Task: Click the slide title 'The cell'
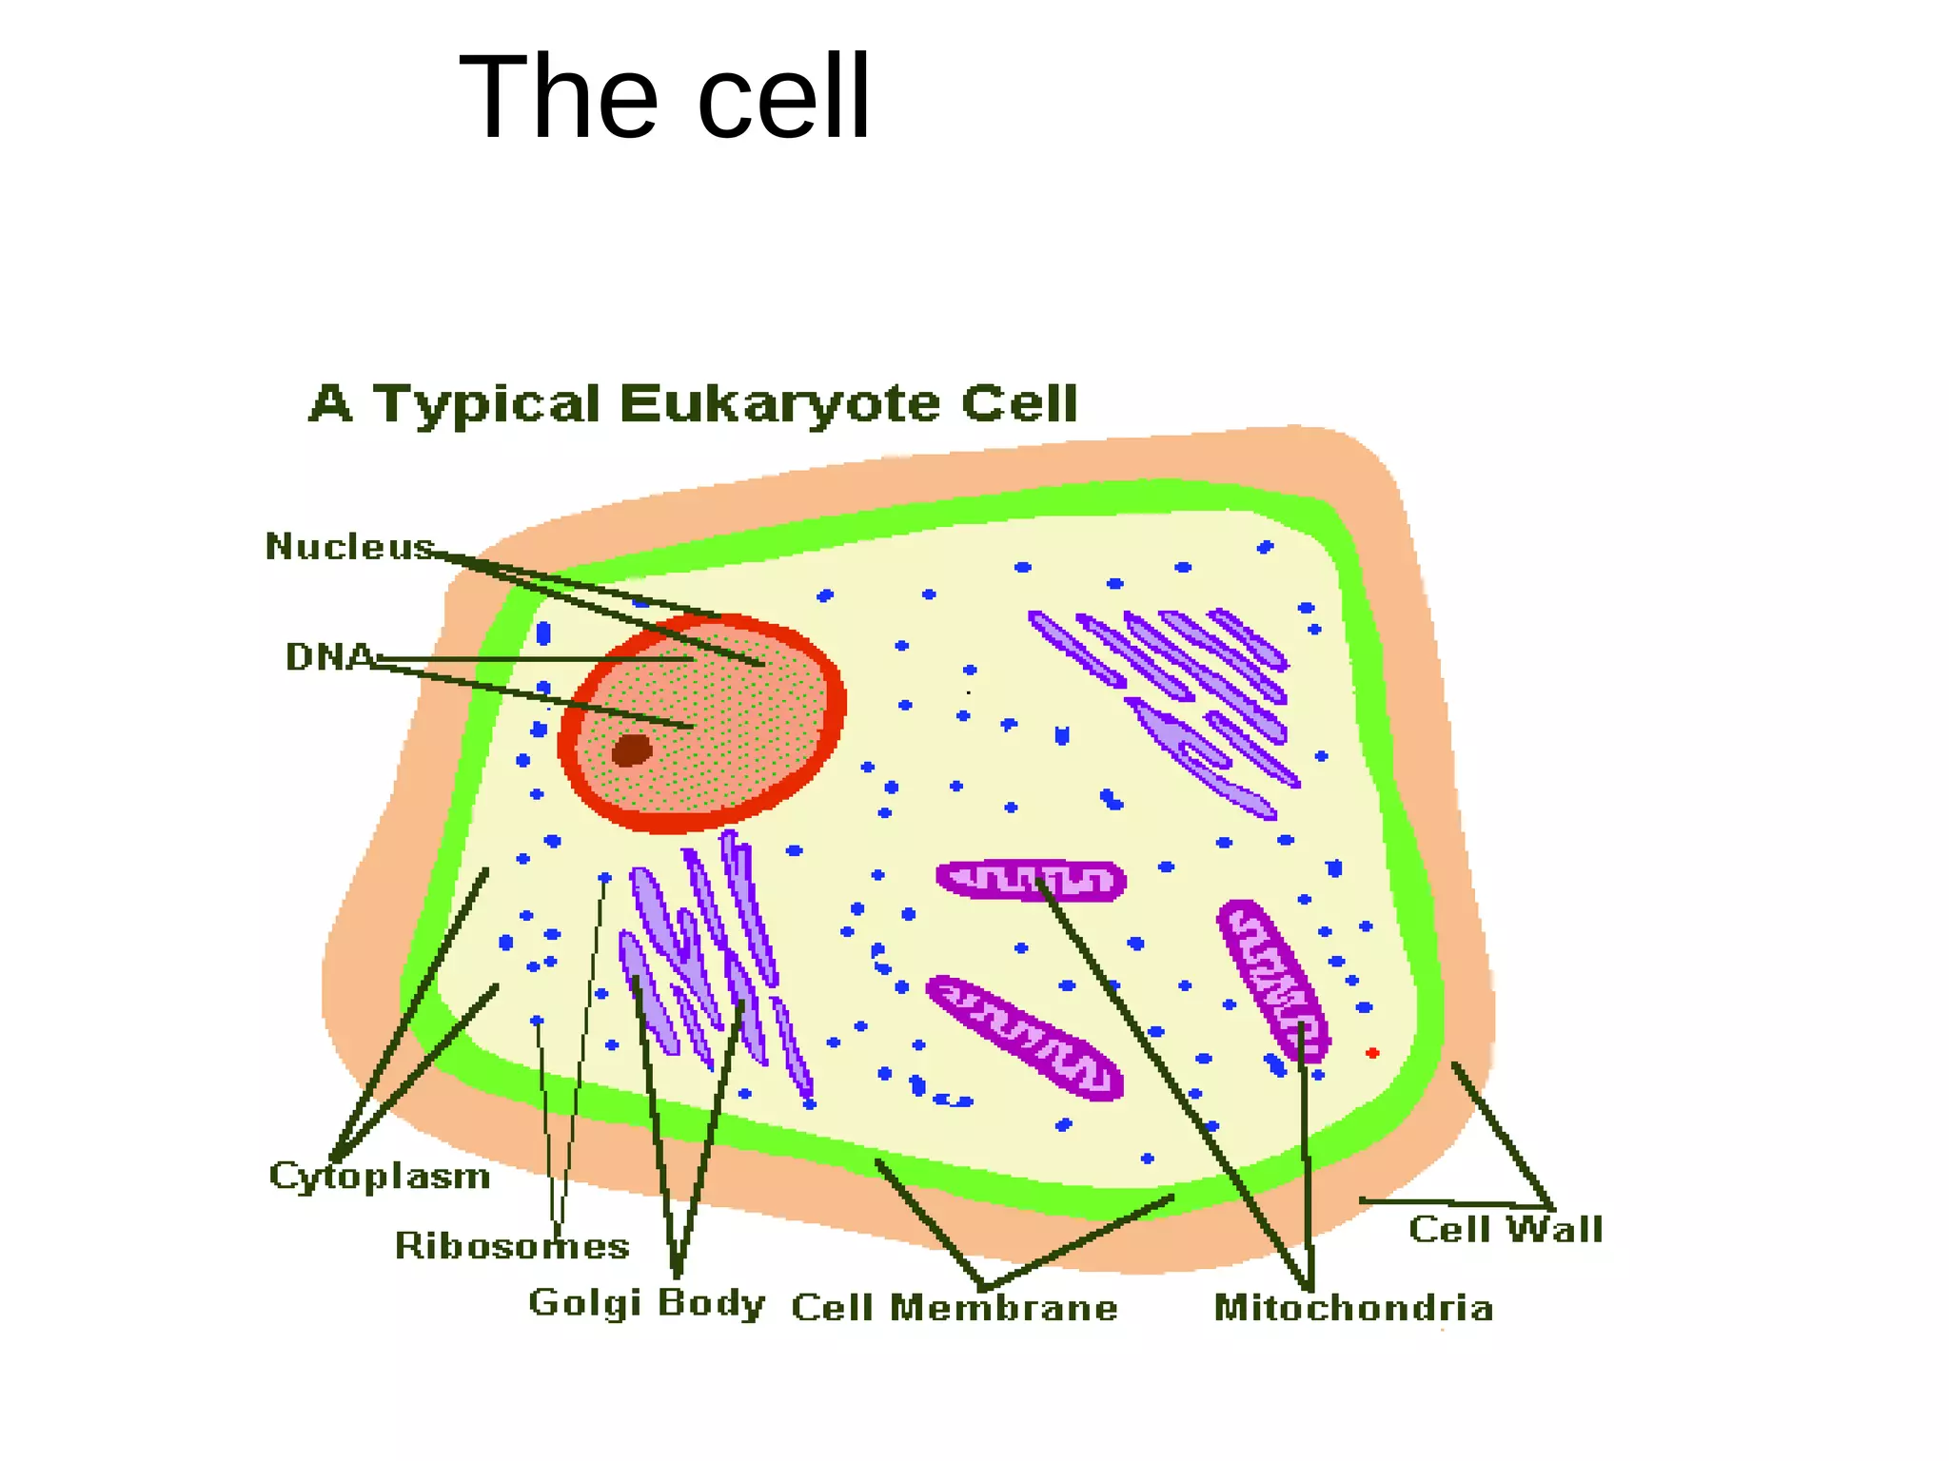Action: [x=664, y=97]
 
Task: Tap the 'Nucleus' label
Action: [x=349, y=547]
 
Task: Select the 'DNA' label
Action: [x=329, y=656]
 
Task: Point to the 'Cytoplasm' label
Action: [x=379, y=1177]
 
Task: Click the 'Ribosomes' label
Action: [x=512, y=1245]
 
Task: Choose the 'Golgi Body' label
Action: [x=646, y=1303]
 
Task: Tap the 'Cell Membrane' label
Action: [x=955, y=1308]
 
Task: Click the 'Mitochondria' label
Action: [x=1353, y=1308]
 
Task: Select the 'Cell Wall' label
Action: [x=1506, y=1229]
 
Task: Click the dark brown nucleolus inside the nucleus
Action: [x=631, y=750]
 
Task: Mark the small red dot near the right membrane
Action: [x=1372, y=1053]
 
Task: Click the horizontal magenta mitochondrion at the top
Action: [x=1032, y=880]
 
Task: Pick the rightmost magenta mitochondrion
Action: [x=1272, y=980]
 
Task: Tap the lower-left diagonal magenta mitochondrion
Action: [x=1025, y=1038]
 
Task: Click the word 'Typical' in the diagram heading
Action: [x=485, y=404]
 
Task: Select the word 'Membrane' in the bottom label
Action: [x=1003, y=1308]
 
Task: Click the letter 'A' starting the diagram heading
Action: [x=331, y=403]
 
